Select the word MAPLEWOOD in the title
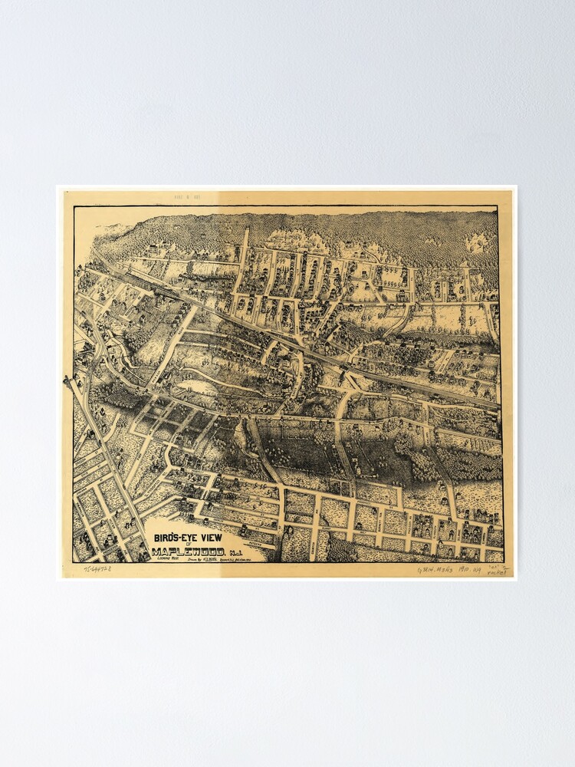[189, 551]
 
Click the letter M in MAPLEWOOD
[157, 551]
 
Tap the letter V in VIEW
[203, 538]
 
